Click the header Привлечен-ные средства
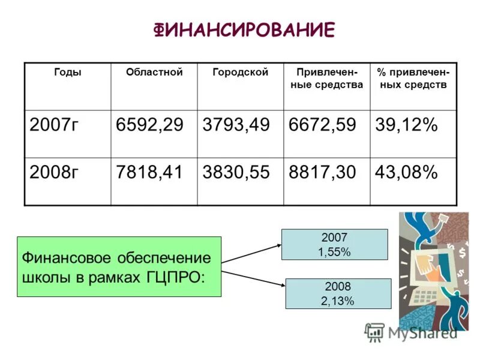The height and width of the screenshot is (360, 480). pyautogui.click(x=326, y=79)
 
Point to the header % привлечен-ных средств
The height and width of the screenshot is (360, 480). pyautogui.click(x=412, y=79)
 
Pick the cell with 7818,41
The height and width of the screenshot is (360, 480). pyautogui.click(x=150, y=173)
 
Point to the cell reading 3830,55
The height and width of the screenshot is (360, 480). pyautogui.click(x=236, y=173)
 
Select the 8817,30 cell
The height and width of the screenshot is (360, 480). pyautogui.click(x=323, y=173)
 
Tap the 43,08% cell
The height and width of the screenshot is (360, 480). pyautogui.click(x=407, y=173)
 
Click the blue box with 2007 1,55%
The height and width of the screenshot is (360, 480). pyautogui.click(x=335, y=245)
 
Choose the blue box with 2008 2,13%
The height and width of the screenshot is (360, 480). pyautogui.click(x=338, y=294)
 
